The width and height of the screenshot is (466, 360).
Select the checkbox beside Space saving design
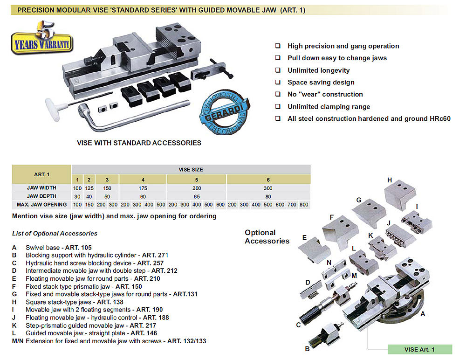pos(278,83)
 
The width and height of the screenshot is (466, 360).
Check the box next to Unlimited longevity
pos(278,70)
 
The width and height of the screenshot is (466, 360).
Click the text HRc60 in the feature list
pos(440,119)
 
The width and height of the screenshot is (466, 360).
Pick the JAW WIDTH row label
pos(41,187)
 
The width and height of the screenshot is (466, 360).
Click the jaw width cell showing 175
pos(143,187)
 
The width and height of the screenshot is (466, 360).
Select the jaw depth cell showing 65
pos(196,196)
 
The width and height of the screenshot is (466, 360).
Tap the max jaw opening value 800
pos(304,205)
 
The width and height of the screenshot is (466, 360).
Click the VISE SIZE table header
pos(191,170)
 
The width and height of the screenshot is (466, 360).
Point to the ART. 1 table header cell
pos(41,174)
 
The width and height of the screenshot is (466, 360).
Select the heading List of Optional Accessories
pos(55,233)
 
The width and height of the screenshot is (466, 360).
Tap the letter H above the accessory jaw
pos(390,180)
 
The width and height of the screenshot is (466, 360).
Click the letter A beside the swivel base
pos(423,314)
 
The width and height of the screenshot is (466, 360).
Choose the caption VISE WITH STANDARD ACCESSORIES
pos(139,143)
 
